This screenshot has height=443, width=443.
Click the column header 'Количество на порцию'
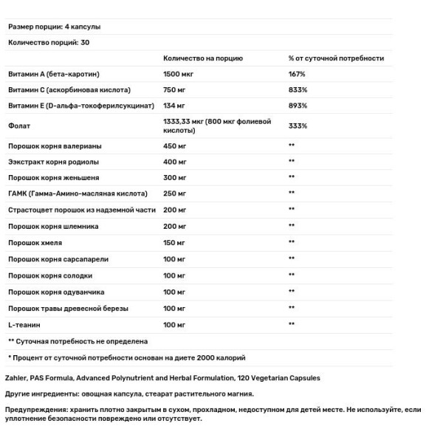click(202, 58)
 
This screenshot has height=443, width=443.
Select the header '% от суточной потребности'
click(336, 58)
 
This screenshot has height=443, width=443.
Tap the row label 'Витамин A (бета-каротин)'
click(53, 75)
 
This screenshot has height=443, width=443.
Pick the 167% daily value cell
click(298, 75)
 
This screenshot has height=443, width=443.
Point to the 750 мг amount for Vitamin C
click(177, 90)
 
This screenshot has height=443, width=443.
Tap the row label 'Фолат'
click(19, 126)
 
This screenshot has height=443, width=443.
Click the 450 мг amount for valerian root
click(177, 146)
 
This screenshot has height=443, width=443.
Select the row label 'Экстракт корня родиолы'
click(53, 162)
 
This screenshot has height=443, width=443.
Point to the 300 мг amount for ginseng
click(177, 178)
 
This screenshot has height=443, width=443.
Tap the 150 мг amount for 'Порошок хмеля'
click(177, 242)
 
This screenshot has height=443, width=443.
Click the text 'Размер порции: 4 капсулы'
click(54, 27)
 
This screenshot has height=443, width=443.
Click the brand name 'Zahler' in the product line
click(17, 377)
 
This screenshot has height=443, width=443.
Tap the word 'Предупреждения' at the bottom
click(35, 408)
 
